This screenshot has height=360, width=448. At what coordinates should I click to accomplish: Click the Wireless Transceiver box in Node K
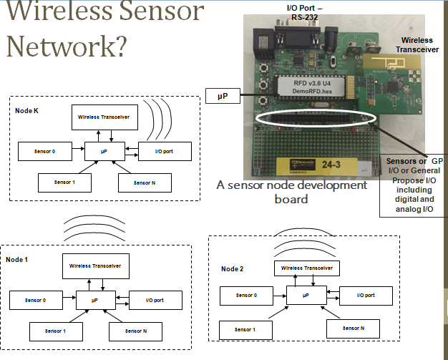click(x=104, y=117)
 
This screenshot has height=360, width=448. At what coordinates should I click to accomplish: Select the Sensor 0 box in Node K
click(x=44, y=152)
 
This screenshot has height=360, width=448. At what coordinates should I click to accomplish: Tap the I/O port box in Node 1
click(x=155, y=299)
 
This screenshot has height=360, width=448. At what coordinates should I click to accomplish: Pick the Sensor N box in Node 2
click(x=354, y=328)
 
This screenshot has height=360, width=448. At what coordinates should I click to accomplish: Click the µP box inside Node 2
click(x=306, y=294)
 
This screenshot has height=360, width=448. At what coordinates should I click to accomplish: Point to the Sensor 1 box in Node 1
click(x=55, y=331)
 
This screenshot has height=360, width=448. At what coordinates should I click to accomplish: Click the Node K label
click(x=27, y=111)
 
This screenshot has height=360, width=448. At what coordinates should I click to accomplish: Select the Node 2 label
click(x=233, y=268)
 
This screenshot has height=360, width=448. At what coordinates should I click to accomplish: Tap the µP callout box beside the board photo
click(x=223, y=94)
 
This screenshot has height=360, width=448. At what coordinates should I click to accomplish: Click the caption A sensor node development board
click(x=292, y=192)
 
